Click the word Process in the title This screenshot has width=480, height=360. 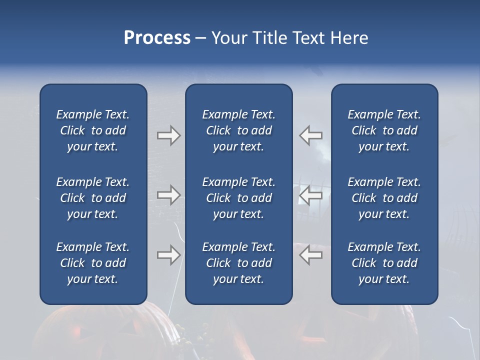(157, 38)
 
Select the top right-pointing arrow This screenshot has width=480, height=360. (168, 135)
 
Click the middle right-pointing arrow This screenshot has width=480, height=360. (168, 195)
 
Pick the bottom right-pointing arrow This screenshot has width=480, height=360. (168, 255)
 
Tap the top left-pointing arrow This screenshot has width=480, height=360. (311, 135)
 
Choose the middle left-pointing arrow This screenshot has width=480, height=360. (311, 195)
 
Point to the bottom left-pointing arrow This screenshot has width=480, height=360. (311, 255)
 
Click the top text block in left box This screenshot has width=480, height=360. (93, 130)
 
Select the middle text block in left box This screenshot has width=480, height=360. (93, 198)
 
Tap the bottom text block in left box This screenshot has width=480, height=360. (93, 263)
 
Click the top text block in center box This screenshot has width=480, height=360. (238, 130)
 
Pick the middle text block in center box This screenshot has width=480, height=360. (238, 198)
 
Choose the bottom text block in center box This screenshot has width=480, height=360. (238, 263)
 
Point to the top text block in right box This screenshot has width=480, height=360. (384, 130)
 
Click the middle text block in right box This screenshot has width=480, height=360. (384, 198)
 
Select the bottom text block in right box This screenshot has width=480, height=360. (384, 263)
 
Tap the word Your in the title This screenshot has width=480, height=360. (227, 38)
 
